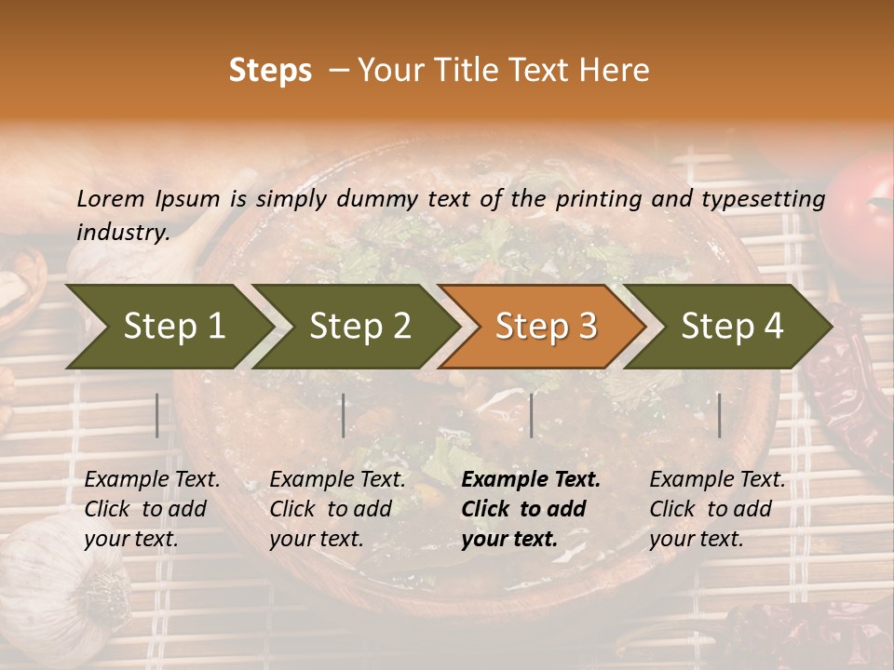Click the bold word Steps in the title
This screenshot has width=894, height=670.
pos(270,71)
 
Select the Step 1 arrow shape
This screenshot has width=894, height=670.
pos(168,327)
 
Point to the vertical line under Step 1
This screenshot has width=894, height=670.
pos(157,415)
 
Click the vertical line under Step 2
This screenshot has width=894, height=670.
pos(344,415)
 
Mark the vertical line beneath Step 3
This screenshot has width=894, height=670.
pos(531,415)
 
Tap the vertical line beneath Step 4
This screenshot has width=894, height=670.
pos(719,415)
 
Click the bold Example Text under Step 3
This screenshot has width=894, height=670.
pos(530,509)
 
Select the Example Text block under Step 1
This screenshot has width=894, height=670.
pos(152,509)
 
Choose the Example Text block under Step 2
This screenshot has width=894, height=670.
pos(337,509)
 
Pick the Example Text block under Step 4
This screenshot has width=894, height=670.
pos(717,509)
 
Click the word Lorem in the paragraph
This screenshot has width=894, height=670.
pos(111,198)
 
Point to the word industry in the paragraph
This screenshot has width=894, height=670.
pos(122,233)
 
